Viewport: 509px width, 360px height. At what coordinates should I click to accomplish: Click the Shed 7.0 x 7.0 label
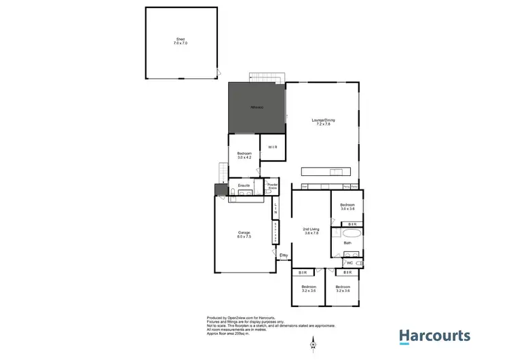click(180, 43)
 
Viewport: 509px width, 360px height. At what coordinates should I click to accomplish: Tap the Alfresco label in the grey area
click(256, 108)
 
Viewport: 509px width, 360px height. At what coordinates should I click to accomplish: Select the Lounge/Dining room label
click(324, 123)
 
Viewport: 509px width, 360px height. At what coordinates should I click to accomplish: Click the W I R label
click(271, 147)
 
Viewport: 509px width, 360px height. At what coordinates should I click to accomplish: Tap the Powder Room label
click(273, 185)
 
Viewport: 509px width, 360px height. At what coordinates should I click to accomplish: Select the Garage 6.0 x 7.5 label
click(244, 235)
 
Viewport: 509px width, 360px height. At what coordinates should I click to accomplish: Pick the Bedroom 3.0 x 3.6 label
click(347, 206)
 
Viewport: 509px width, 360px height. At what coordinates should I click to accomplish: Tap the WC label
click(350, 263)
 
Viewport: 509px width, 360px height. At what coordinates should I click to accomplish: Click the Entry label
click(284, 255)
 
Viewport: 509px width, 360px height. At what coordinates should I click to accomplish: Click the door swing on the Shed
click(217, 73)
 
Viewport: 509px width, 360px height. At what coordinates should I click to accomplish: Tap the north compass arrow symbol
click(313, 343)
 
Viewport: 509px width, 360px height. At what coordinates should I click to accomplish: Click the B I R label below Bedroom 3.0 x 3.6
click(351, 223)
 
